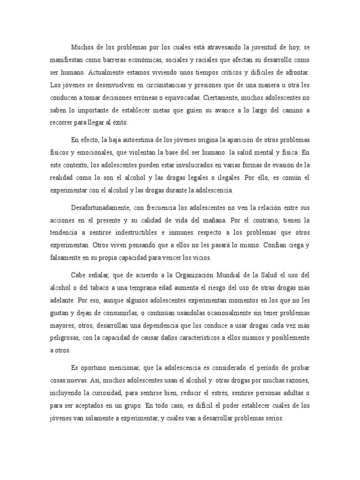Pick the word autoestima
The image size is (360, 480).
click(x=136, y=140)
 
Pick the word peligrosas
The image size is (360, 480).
click(x=65, y=337)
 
